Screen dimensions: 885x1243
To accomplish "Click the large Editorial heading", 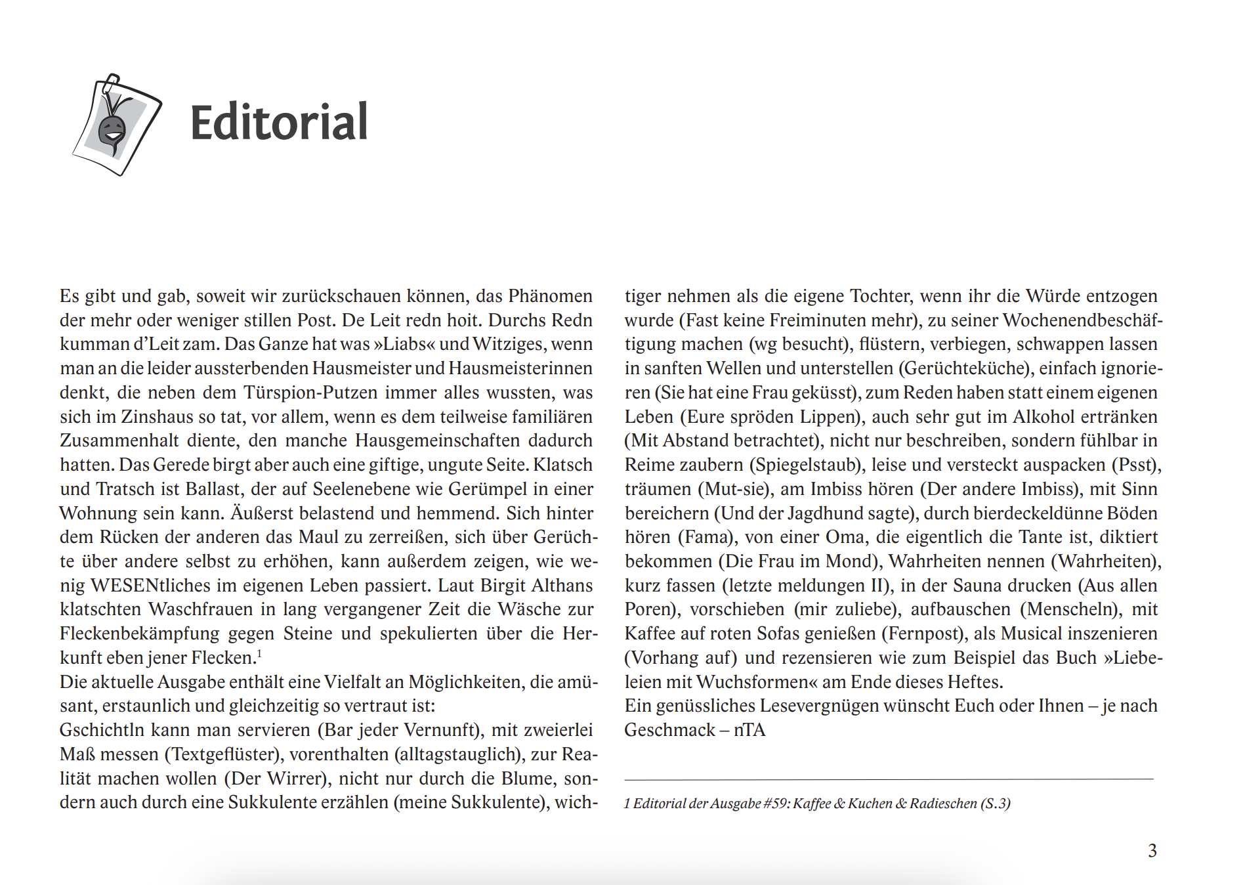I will pos(279,123).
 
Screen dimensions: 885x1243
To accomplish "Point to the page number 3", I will pos(1152,851).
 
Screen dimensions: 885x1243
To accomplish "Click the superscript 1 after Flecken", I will pos(260,653).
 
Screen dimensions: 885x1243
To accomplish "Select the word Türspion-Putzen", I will pos(310,393).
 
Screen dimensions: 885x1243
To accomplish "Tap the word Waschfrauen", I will pos(201,609).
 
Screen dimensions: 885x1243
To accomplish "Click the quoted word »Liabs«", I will pos(404,344).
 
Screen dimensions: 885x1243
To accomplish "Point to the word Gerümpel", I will pos(508,489).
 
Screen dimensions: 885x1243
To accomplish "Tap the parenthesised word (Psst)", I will pos(1137,465).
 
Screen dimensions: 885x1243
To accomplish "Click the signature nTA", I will pos(749,730).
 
